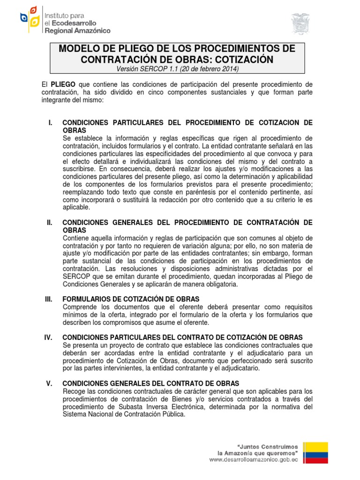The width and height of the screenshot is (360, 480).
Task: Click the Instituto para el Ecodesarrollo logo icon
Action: point(29,19)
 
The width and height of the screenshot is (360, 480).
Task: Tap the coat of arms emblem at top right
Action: point(300,24)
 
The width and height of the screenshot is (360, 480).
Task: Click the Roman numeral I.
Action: point(50,123)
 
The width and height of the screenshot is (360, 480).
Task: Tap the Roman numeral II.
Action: point(49,222)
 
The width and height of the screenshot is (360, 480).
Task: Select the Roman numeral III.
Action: point(49,299)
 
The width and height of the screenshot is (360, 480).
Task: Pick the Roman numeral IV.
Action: point(50,337)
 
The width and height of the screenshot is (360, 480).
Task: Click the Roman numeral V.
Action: point(49,383)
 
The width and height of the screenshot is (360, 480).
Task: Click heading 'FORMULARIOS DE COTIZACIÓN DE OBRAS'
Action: point(131,299)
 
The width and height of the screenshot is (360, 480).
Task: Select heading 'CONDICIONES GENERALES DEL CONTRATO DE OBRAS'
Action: point(150,383)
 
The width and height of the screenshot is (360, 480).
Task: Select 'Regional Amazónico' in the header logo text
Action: point(77,30)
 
